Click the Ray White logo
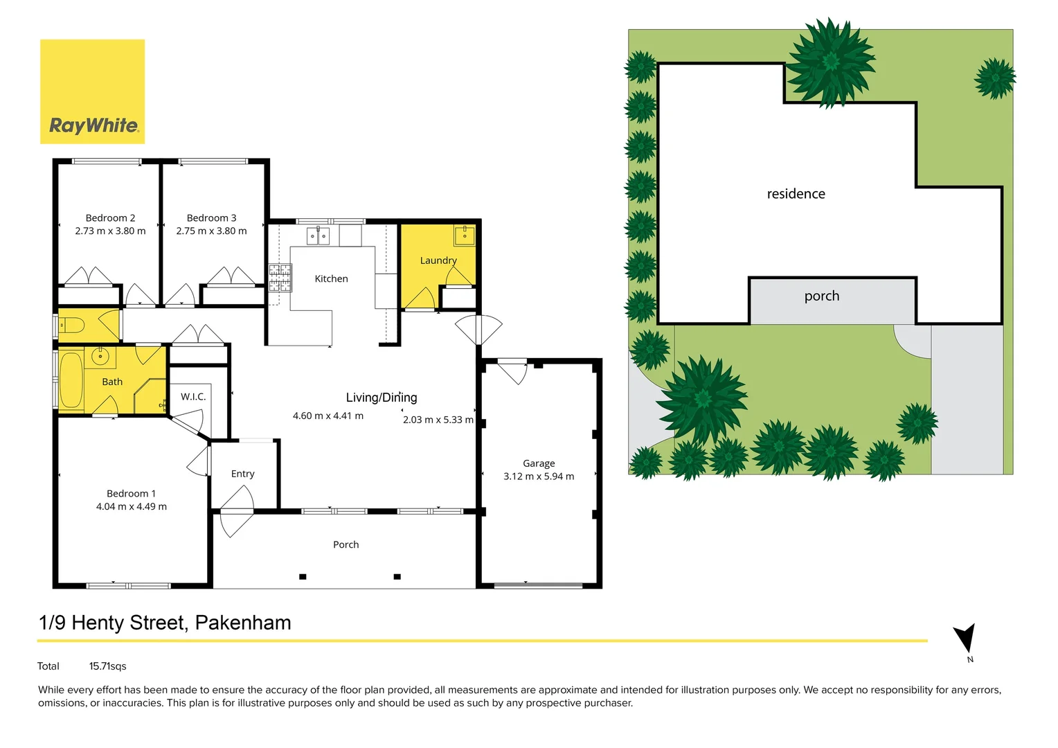pyautogui.click(x=92, y=92)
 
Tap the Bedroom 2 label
pyautogui.click(x=110, y=218)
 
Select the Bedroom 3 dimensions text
pyautogui.click(x=211, y=231)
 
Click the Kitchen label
pyautogui.click(x=331, y=279)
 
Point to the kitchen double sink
pyautogui.click(x=319, y=236)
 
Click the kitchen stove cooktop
pyautogui.click(x=280, y=277)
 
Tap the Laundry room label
pyautogui.click(x=438, y=261)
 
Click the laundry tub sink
pyautogui.click(x=464, y=235)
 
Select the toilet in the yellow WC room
pyautogui.click(x=71, y=325)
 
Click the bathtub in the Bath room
pyautogui.click(x=71, y=380)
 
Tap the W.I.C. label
pyautogui.click(x=193, y=397)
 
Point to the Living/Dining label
pyautogui.click(x=382, y=398)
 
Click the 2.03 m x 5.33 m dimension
pyautogui.click(x=438, y=420)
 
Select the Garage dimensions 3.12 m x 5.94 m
pyautogui.click(x=539, y=477)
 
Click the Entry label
pyautogui.click(x=242, y=474)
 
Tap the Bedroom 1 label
pyautogui.click(x=131, y=494)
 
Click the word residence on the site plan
pyautogui.click(x=796, y=195)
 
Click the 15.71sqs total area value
pyautogui.click(x=107, y=666)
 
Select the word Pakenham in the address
pyautogui.click(x=243, y=623)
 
